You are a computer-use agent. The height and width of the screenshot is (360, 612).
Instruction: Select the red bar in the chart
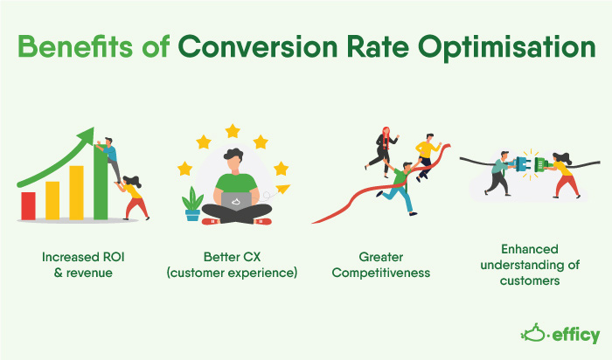point(28,206)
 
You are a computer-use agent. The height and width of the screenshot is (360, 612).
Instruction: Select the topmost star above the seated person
point(233,131)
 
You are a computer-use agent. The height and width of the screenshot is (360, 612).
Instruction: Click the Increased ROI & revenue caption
point(82,265)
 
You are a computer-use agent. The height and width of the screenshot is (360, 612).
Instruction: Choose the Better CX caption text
point(234,265)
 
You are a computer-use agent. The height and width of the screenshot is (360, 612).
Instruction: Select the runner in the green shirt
point(401,188)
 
